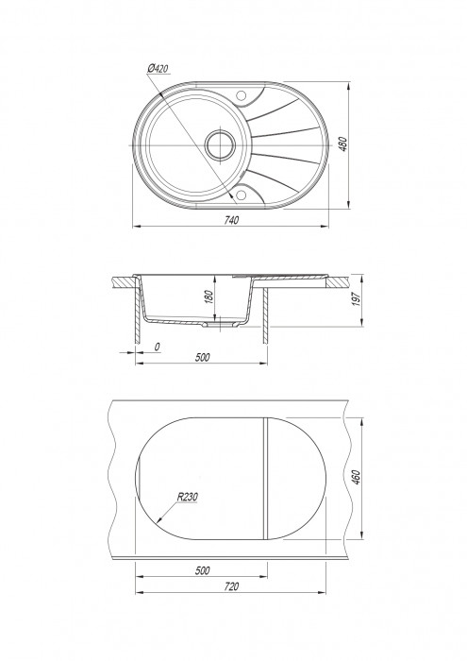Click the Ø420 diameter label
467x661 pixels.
158,68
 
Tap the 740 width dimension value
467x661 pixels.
231,220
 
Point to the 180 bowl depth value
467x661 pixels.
209,296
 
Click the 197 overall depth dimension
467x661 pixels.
357,299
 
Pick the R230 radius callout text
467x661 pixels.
187,497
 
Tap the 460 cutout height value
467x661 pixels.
356,477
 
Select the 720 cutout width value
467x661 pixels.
231,586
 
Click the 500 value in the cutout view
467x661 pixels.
202,570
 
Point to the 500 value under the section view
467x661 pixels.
202,357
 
